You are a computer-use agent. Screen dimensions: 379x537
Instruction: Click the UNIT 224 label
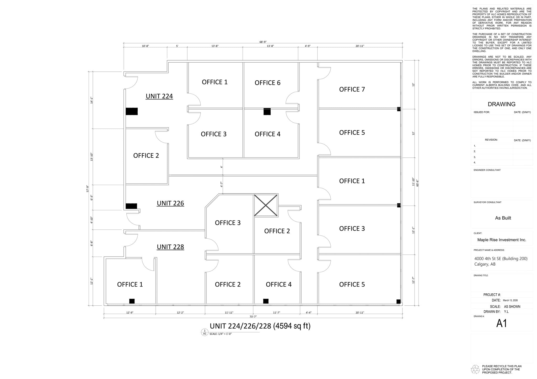[159, 96]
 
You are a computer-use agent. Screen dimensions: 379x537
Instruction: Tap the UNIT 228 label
[170, 247]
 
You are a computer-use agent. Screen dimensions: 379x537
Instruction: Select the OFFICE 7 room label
[352, 89]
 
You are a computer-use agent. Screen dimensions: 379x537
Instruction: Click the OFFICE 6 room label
[267, 83]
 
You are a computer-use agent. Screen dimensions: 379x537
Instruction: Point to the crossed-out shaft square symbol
[266, 205]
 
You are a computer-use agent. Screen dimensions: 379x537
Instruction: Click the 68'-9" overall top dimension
[263, 42]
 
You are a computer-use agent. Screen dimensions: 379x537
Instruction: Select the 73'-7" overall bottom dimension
[253, 317]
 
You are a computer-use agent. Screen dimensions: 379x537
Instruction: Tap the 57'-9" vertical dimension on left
[88, 189]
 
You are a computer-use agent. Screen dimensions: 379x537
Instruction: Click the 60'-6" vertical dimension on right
[417, 183]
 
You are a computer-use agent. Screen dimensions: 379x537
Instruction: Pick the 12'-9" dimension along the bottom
[130, 312]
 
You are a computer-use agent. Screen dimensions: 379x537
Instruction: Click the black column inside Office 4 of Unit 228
[266, 301]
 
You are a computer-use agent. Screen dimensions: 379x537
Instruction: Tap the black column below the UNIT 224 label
[132, 111]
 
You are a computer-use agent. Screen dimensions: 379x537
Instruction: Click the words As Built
[503, 218]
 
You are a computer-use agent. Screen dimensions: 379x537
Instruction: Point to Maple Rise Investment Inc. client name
[502, 240]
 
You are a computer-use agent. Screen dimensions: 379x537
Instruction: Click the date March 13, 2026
[510, 300]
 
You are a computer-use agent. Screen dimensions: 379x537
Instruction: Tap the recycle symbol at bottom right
[475, 369]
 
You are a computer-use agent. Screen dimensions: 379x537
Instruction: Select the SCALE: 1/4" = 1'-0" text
[221, 334]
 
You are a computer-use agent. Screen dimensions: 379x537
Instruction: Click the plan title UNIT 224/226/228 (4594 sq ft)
[260, 326]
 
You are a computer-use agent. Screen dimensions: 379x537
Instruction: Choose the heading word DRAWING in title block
[501, 104]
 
